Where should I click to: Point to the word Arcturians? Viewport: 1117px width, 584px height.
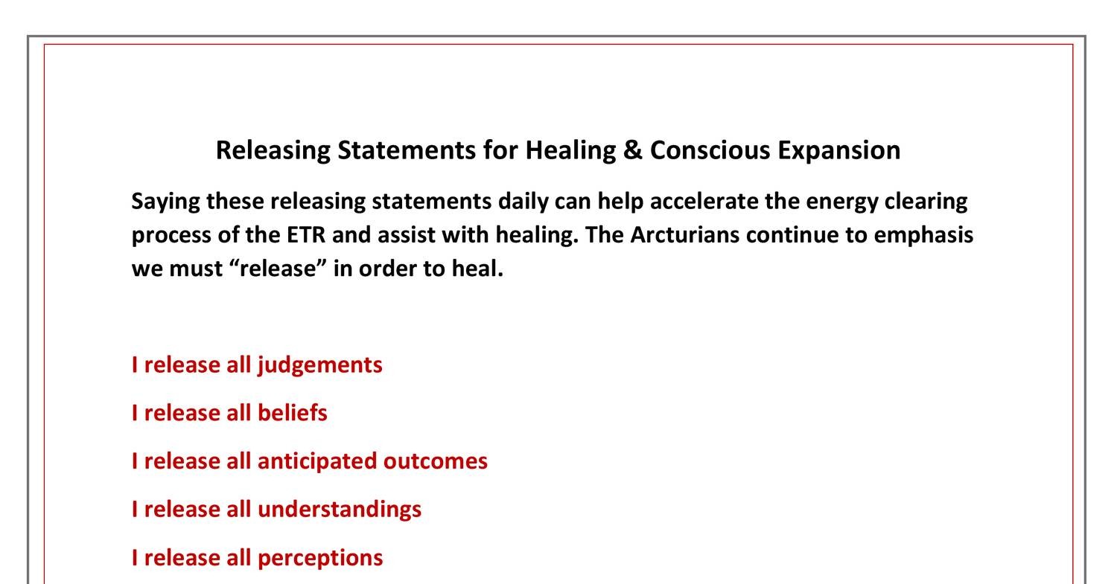[x=684, y=235]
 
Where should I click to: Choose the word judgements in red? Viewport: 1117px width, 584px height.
[x=319, y=365]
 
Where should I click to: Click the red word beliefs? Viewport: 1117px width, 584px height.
[x=292, y=413]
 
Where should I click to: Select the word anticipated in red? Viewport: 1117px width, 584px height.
[x=316, y=461]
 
